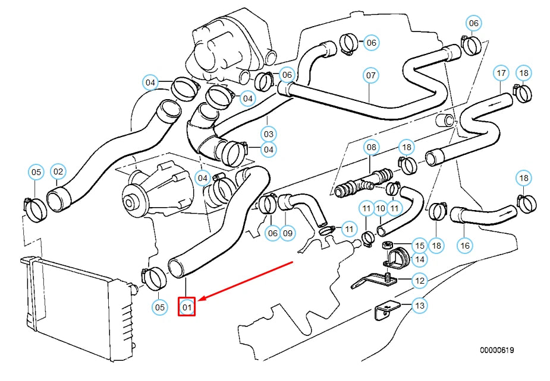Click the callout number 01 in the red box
coord(187,307)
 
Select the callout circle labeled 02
coord(58,172)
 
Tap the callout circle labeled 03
coord(269,134)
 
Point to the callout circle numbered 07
coord(371,75)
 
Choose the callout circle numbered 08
coord(371,146)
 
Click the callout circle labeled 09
coord(288,233)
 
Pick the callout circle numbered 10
coord(381,208)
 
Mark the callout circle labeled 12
coord(420,280)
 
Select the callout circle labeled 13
coord(420,306)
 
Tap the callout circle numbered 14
coord(420,259)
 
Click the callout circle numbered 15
coord(420,245)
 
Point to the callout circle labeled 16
coord(464,245)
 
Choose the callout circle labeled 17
coord(501,73)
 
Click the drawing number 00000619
coord(497,350)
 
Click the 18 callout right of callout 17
coord(523,73)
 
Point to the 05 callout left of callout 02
coord(36,172)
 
